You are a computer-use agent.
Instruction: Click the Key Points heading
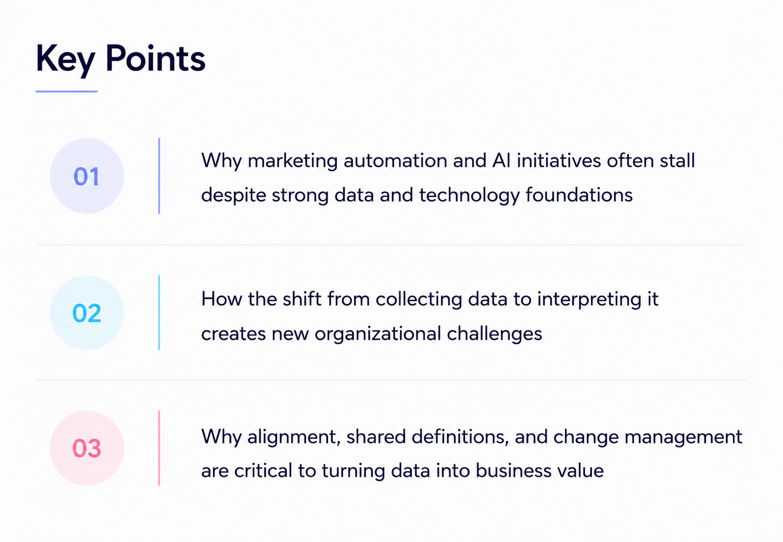tap(120, 59)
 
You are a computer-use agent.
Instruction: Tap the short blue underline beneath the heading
tap(66, 91)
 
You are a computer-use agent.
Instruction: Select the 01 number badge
tap(87, 176)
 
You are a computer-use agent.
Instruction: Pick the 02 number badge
tap(87, 312)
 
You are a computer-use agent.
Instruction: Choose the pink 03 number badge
tap(87, 448)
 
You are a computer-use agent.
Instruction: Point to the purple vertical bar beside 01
tap(159, 176)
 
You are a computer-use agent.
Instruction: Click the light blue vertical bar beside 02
tap(159, 312)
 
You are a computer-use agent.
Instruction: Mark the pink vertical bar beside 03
tap(159, 448)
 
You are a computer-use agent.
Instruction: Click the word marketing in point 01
tap(292, 161)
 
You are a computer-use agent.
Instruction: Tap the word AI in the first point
tap(502, 161)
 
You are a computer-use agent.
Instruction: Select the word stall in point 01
tap(677, 161)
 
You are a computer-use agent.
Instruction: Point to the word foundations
tap(579, 194)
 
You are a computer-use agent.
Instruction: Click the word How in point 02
tap(222, 299)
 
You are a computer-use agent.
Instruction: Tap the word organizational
tap(378, 334)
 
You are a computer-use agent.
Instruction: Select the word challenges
tap(495, 334)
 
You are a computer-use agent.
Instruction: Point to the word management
tap(683, 438)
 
